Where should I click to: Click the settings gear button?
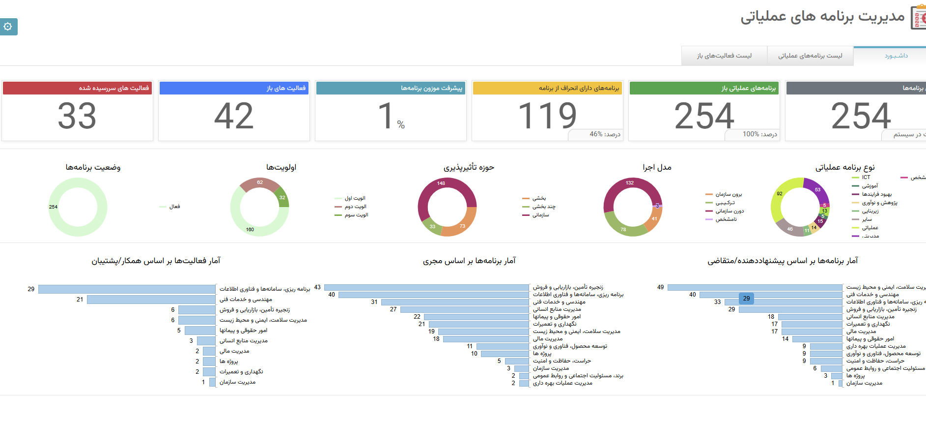click(x=8, y=27)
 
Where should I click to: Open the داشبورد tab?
click(x=896, y=56)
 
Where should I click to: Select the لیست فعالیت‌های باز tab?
click(x=724, y=56)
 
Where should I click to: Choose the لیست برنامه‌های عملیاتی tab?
click(x=810, y=56)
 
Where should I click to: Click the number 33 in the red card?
click(x=77, y=116)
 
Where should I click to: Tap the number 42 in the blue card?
click(x=234, y=116)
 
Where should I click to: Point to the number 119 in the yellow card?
click(x=547, y=116)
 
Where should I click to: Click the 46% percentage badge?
click(x=604, y=134)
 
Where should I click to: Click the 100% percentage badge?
click(x=759, y=134)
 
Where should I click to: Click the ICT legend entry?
click(x=866, y=178)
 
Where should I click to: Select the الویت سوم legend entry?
click(x=356, y=215)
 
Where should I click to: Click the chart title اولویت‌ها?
click(x=281, y=167)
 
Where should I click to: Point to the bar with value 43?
click(x=426, y=287)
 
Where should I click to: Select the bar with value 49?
click(x=755, y=287)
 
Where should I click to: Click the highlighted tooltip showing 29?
click(x=746, y=299)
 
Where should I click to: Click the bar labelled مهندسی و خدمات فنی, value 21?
click(x=151, y=300)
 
